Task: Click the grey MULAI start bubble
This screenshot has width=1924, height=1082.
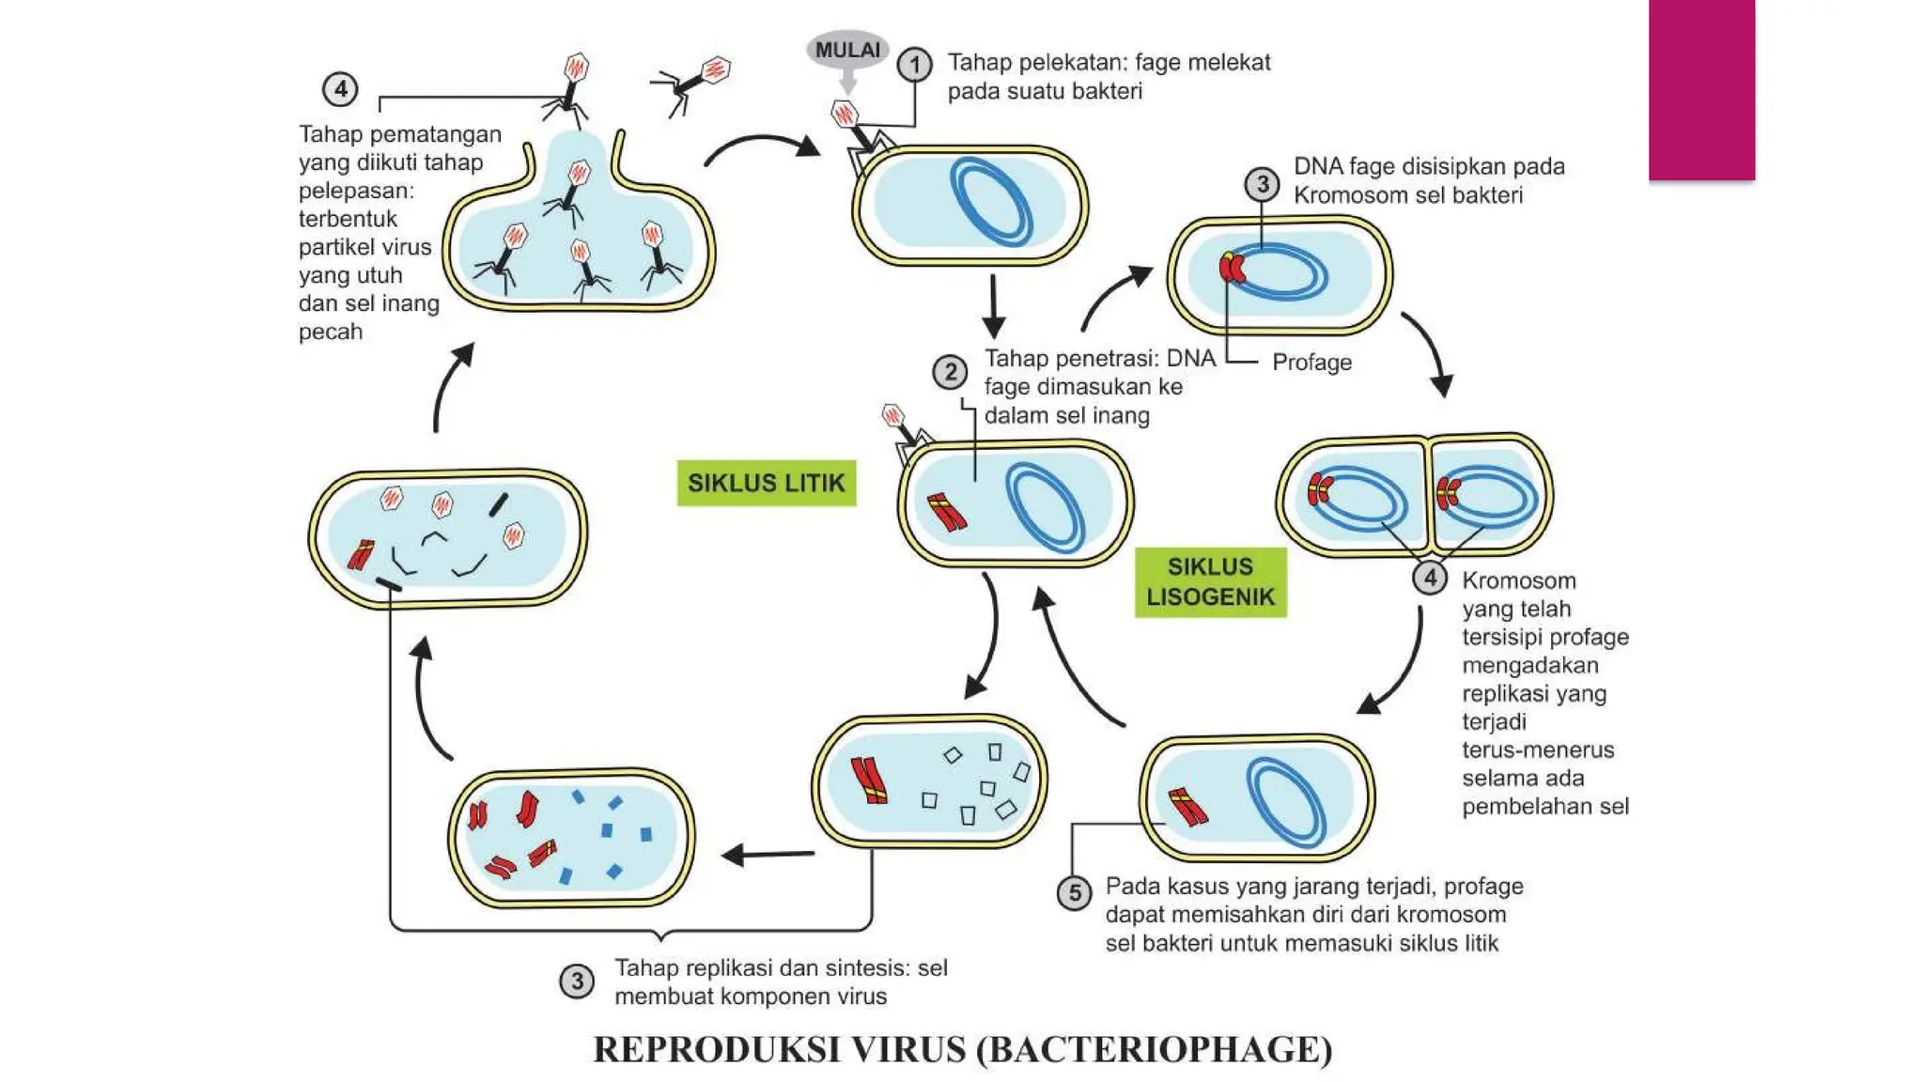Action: pyautogui.click(x=847, y=50)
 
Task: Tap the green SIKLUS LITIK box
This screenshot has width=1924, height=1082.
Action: pyautogui.click(x=766, y=483)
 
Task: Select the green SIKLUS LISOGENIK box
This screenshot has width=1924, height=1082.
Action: pyautogui.click(x=1210, y=581)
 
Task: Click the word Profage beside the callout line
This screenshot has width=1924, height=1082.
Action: pyautogui.click(x=1311, y=363)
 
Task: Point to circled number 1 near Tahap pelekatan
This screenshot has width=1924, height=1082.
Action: pyautogui.click(x=914, y=65)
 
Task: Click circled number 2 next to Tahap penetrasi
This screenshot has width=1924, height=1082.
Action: pyautogui.click(x=950, y=372)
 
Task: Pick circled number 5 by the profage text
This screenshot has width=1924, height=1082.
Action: pyautogui.click(x=1075, y=892)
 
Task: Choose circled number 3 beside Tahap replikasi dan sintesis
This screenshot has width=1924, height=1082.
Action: pyautogui.click(x=576, y=982)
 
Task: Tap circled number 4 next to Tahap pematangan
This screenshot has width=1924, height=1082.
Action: pyautogui.click(x=340, y=89)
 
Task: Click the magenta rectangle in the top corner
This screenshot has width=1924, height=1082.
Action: pyautogui.click(x=1701, y=89)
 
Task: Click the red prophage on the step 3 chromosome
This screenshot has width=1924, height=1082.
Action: pyautogui.click(x=1231, y=268)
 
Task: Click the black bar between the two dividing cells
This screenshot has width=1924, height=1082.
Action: pyautogui.click(x=1428, y=495)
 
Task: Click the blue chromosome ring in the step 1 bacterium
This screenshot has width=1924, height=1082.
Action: pyautogui.click(x=990, y=202)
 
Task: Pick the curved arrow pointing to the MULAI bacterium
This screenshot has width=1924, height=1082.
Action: pyautogui.click(x=761, y=147)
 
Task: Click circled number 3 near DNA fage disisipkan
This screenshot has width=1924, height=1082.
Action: pyautogui.click(x=1262, y=184)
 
